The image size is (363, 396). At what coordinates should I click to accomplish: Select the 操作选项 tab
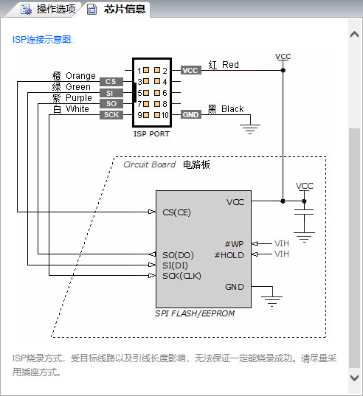(x=48, y=10)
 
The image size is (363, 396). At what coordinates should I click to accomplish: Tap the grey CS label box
(x=111, y=82)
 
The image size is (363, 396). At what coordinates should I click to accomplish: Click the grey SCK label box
(x=111, y=115)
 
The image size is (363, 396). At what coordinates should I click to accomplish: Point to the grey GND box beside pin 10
(x=191, y=115)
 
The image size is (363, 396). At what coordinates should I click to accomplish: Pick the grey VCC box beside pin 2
(x=191, y=71)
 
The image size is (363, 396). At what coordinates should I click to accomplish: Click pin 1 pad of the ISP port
(x=146, y=70)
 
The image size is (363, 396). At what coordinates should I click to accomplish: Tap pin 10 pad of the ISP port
(x=157, y=115)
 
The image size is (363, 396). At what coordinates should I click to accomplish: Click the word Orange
(x=80, y=76)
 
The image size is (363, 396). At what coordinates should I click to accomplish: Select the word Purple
(x=79, y=98)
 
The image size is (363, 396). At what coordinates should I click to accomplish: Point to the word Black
(x=232, y=109)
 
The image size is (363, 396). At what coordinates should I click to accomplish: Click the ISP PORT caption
(x=151, y=134)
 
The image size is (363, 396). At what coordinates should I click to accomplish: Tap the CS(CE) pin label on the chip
(x=176, y=212)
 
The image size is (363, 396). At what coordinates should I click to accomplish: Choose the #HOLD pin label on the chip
(x=229, y=255)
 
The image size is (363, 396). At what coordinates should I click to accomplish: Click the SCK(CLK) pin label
(x=181, y=276)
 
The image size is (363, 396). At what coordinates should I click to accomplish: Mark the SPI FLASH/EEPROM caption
(x=195, y=313)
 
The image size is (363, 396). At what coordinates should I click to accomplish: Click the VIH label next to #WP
(x=282, y=243)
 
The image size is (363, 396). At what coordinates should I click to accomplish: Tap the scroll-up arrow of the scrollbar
(x=354, y=34)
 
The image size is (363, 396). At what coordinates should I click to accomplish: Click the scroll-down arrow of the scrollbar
(x=354, y=378)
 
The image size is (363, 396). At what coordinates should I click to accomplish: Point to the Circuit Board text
(x=149, y=164)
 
